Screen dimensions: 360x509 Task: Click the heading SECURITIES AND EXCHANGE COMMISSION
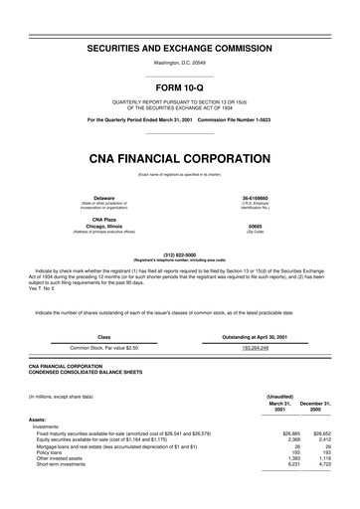pyautogui.click(x=180, y=48)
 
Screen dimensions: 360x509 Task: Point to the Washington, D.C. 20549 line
pyautogui.click(x=180, y=62)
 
